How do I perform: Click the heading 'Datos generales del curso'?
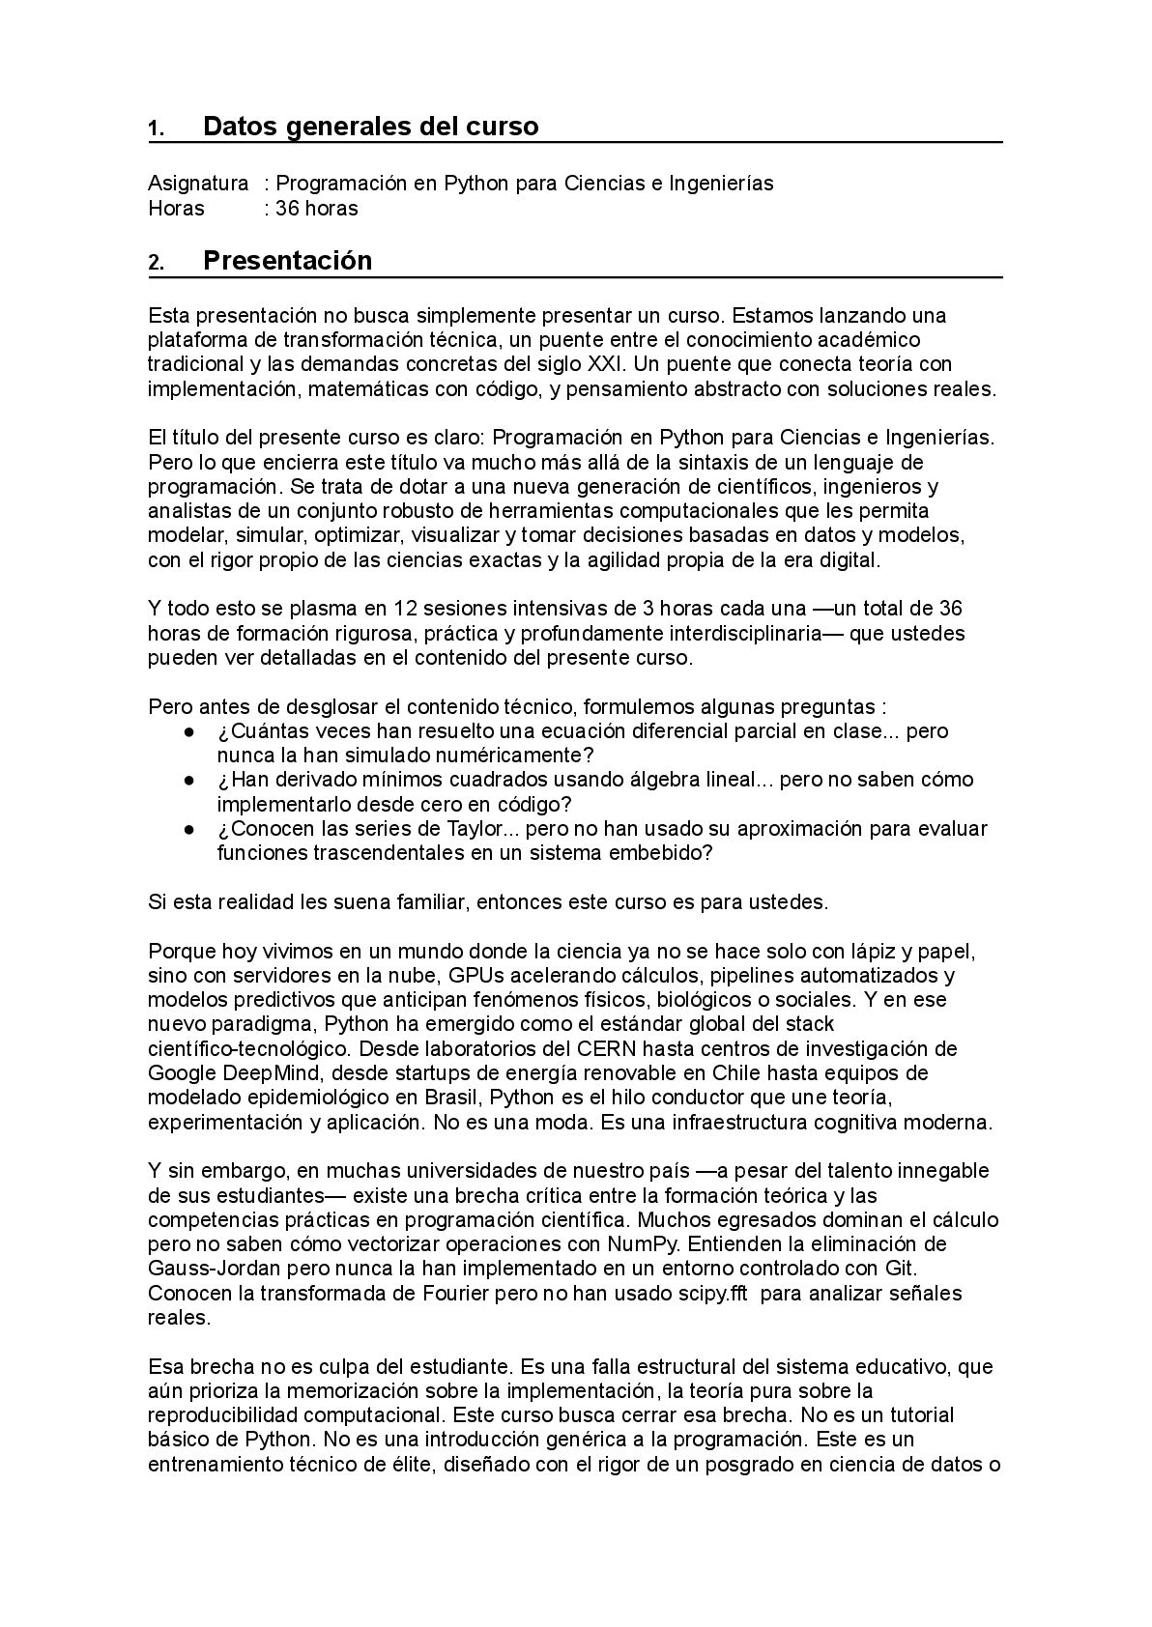click(x=370, y=127)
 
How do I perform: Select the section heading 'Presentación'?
click(x=287, y=261)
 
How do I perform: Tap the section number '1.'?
click(x=156, y=128)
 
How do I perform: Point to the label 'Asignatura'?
click(x=198, y=184)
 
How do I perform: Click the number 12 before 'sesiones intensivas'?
click(x=405, y=609)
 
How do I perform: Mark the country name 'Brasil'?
click(x=451, y=1098)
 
